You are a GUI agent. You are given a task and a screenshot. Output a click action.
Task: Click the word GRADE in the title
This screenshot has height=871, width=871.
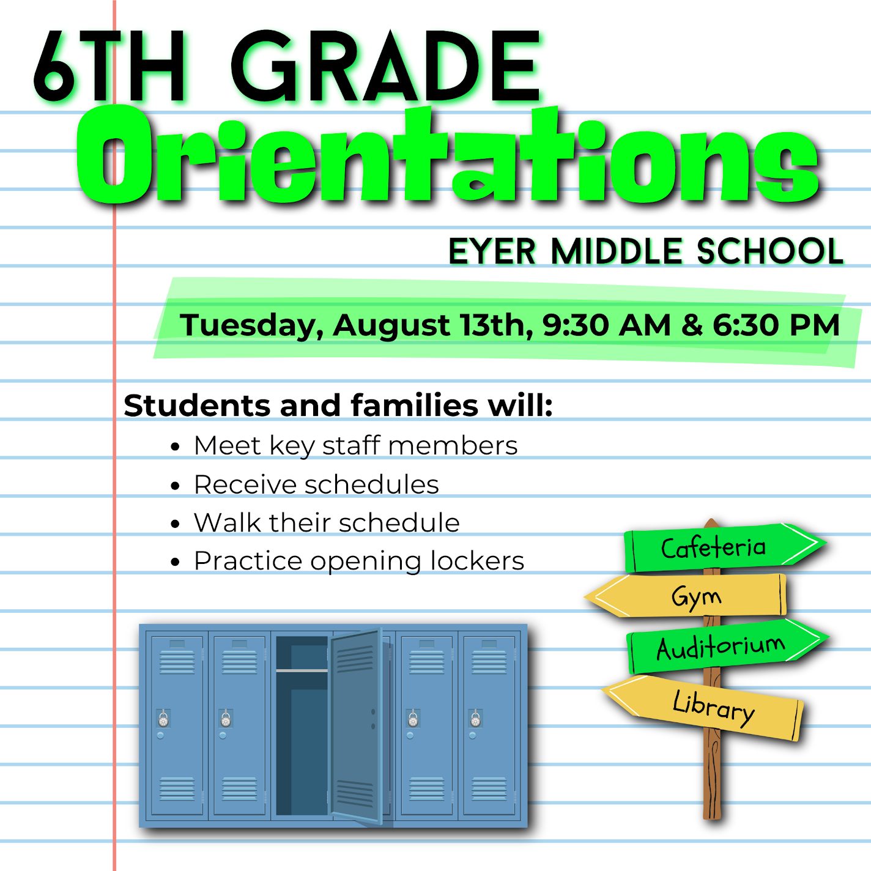pyautogui.click(x=385, y=67)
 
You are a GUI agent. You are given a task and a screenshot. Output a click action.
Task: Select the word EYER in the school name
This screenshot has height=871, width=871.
pyautogui.click(x=492, y=251)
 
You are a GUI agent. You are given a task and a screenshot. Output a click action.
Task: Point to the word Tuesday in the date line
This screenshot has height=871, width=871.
pyautogui.click(x=251, y=325)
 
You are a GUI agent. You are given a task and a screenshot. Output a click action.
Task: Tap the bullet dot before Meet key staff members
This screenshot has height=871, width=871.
pyautogui.click(x=176, y=447)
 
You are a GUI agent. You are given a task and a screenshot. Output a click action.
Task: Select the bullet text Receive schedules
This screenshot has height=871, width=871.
pyautogui.click(x=316, y=485)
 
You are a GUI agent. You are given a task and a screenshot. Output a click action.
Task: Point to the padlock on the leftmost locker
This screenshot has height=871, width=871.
pyautogui.click(x=163, y=719)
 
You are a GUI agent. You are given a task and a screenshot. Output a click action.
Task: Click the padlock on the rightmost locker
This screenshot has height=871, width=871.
pyautogui.click(x=475, y=719)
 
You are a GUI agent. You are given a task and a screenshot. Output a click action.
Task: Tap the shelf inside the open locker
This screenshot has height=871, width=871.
pyautogui.click(x=302, y=671)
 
